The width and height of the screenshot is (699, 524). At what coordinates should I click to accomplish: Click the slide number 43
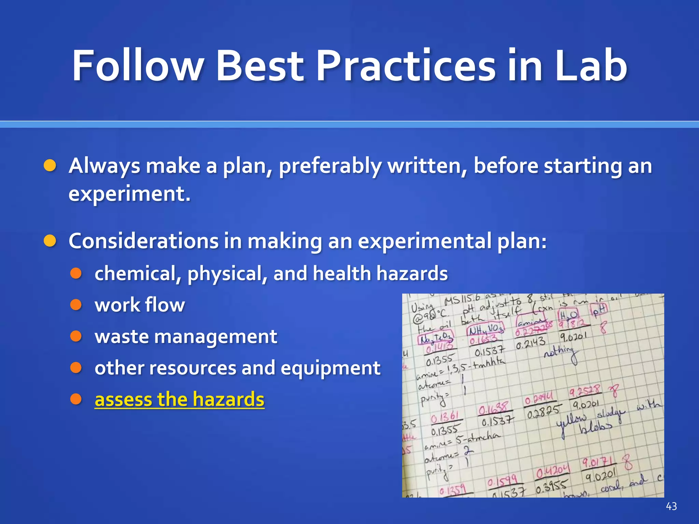click(x=671, y=506)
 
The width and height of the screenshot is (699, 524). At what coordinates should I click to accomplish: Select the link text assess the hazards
click(x=179, y=399)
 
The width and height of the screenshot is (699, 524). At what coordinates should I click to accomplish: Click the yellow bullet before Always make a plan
click(x=50, y=166)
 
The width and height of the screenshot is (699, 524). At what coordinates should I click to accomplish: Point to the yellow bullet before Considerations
click(x=50, y=241)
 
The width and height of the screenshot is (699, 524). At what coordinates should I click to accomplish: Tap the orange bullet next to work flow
click(x=76, y=305)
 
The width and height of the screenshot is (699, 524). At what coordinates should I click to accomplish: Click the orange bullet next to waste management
click(x=76, y=336)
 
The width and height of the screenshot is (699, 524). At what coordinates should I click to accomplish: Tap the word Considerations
click(x=143, y=241)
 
